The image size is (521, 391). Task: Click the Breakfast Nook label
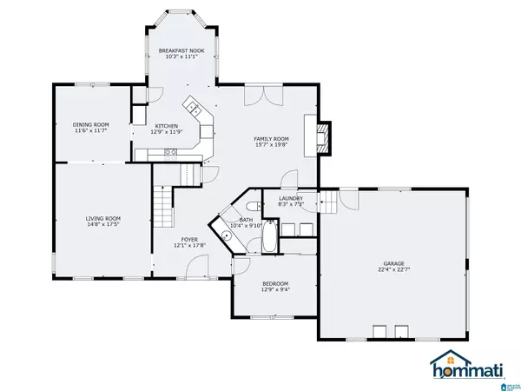[x=180, y=51]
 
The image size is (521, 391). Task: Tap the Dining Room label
[x=89, y=124]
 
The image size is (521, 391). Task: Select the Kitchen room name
[x=168, y=125]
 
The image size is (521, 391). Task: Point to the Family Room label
[x=271, y=139]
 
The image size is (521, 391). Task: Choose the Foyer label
[x=189, y=239]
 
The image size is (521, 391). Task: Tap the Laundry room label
[x=291, y=198]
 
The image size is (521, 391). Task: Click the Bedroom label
[x=275, y=284]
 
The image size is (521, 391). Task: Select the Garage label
[x=395, y=263]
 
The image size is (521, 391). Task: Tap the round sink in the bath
[x=227, y=235]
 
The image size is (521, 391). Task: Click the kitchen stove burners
[x=172, y=153]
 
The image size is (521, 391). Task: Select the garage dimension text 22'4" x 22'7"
[x=395, y=270]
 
